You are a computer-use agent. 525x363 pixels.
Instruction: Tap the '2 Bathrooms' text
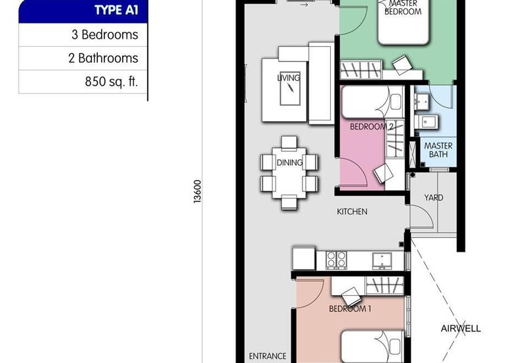click(103, 59)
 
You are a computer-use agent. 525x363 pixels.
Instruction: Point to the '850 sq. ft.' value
click(111, 82)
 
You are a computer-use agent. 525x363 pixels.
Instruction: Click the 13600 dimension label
click(198, 191)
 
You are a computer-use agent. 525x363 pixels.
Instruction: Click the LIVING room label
click(288, 78)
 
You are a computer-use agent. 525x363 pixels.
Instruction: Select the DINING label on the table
click(289, 162)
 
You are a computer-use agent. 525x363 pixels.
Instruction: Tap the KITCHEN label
click(352, 212)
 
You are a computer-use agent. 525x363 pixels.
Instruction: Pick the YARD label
click(433, 197)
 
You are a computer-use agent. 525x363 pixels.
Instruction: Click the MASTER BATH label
click(435, 150)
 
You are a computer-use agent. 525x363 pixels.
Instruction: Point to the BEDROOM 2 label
click(371, 126)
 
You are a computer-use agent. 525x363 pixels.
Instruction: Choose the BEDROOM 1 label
click(350, 307)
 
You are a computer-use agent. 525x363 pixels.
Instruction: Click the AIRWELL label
click(460, 328)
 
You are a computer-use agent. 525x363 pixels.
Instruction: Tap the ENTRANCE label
click(267, 356)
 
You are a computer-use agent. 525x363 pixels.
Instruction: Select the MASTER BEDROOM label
click(402, 8)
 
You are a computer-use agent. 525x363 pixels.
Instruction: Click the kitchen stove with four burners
click(337, 260)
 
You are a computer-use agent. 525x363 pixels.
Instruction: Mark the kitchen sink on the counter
click(380, 260)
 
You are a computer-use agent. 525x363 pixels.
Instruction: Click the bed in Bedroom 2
click(371, 104)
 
